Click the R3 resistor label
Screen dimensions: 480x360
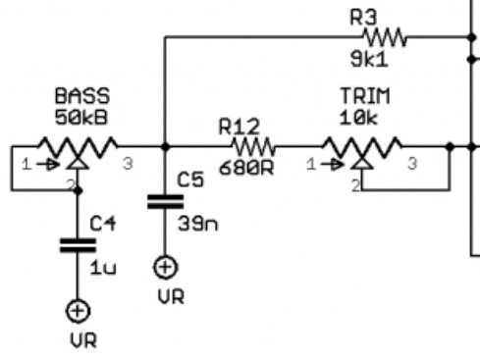tap(363, 18)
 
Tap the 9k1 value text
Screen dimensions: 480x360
tap(369, 60)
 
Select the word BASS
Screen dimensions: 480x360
tap(82, 96)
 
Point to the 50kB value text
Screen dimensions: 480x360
tap(80, 117)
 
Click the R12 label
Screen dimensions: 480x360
tap(240, 127)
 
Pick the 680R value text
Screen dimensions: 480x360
tap(246, 168)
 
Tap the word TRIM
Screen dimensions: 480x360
tap(365, 96)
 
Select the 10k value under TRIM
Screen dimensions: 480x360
tap(359, 117)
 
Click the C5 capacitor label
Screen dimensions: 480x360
tap(190, 180)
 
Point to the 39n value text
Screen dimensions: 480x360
tap(197, 224)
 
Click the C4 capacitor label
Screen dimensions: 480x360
tap(103, 224)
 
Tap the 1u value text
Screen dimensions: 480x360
tap(103, 268)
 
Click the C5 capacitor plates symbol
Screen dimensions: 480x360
tap(165, 201)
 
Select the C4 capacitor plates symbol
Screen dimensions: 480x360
tap(78, 245)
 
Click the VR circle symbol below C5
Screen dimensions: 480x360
tap(165, 267)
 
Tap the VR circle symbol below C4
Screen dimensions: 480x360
tap(78, 311)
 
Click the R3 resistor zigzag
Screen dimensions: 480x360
tap(385, 37)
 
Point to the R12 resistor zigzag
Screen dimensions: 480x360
tap(253, 147)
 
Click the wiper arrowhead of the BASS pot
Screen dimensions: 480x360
tap(78, 163)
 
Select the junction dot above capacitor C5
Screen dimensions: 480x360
tap(165, 147)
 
